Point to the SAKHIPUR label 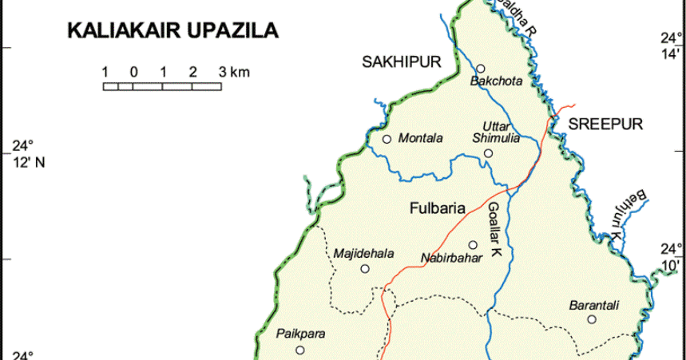coord(401,62)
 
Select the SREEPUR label coord(605,125)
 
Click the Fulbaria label coord(437,210)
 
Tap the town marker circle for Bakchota coord(481,69)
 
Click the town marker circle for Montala coord(387,139)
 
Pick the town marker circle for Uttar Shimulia coord(488,153)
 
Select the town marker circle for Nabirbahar coord(472,245)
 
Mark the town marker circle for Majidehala coord(365,269)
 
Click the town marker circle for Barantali coord(592,319)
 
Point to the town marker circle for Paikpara coord(299,350)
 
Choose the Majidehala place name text coord(364,254)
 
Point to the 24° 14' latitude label coord(669,45)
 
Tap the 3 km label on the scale coord(233,72)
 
